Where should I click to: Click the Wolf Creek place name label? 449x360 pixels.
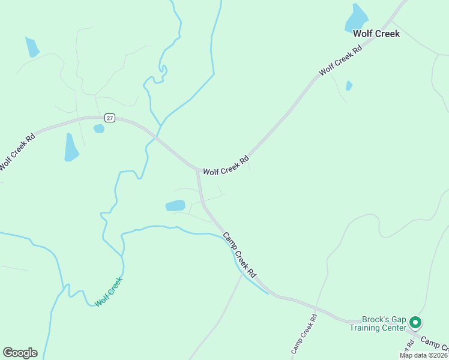376,34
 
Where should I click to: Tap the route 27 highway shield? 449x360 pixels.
109,118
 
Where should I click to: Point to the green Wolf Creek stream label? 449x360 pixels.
109,292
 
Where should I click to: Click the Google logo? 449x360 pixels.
20,353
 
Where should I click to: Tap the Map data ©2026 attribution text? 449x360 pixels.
423,355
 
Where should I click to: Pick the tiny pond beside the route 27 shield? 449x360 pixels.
99,128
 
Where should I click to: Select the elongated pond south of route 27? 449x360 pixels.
71,148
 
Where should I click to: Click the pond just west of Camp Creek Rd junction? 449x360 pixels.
175,206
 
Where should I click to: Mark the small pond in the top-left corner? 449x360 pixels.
32,47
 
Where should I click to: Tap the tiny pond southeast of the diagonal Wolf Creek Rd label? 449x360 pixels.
349,86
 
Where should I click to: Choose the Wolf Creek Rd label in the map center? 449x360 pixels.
226,167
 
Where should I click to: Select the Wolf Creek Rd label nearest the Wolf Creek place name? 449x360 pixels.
342,60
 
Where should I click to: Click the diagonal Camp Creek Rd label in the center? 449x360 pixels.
240,254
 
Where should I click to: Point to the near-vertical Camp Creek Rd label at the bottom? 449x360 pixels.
303,333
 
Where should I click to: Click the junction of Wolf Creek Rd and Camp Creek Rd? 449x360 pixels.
197,170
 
